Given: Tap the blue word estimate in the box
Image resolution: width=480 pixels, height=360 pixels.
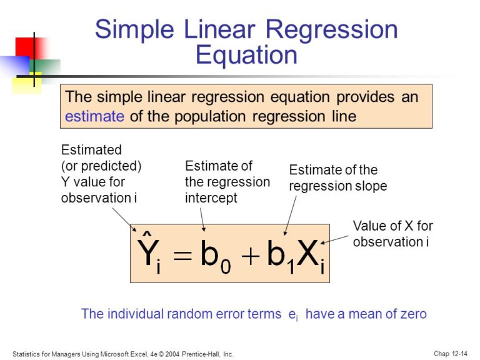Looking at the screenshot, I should [x=95, y=116].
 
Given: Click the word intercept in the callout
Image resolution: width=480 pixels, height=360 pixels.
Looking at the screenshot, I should [x=211, y=199].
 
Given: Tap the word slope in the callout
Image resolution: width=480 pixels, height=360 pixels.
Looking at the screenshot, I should [x=372, y=186].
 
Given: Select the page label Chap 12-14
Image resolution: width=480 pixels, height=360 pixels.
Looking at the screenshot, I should [x=450, y=354].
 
